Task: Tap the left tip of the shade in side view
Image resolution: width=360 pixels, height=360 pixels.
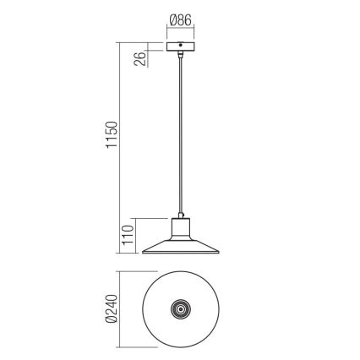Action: (x=143, y=252)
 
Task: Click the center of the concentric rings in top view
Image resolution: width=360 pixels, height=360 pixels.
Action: (x=179, y=308)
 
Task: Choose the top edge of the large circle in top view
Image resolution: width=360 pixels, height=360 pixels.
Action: (x=179, y=272)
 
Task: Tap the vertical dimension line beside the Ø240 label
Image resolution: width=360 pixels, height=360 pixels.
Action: (x=119, y=308)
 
